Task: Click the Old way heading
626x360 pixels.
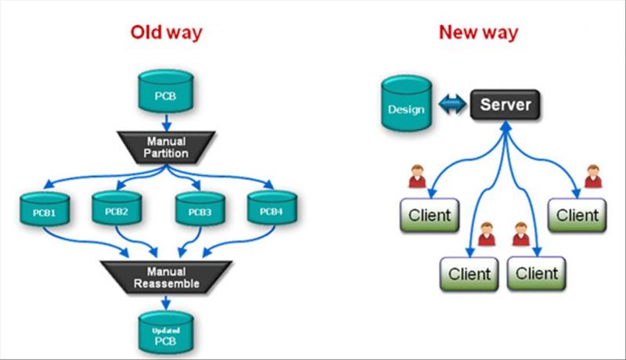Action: click(166, 33)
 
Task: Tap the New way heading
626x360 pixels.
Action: click(478, 33)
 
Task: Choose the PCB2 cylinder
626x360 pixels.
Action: click(116, 210)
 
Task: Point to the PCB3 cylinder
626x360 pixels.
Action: click(196, 210)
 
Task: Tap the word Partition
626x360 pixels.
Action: click(166, 153)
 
